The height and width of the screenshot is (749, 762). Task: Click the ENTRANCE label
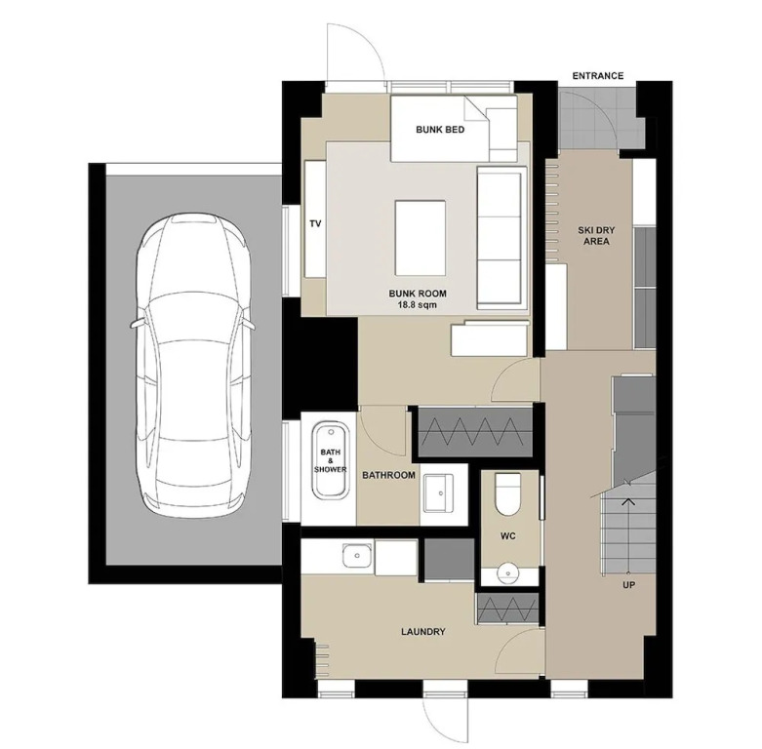598,76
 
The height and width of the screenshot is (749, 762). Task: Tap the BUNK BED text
440,130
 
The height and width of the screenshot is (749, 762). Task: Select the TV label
315,224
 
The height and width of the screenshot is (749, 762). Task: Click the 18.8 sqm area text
418,305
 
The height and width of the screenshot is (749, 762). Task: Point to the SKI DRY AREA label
596,236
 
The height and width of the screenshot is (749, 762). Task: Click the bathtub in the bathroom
330,460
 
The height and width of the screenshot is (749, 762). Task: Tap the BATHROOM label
388,475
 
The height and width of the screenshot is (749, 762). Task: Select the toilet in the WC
507,494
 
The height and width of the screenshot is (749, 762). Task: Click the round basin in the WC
508,573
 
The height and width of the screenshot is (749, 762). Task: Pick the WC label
508,536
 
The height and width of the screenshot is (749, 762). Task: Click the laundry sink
358,556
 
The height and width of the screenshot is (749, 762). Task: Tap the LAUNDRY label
423,632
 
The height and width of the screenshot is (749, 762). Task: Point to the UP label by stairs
629,585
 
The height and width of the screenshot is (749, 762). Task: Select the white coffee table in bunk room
421,238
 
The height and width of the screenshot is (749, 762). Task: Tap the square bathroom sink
438,493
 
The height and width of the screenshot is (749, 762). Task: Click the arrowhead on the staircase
629,502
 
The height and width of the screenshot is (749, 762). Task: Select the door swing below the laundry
445,719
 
